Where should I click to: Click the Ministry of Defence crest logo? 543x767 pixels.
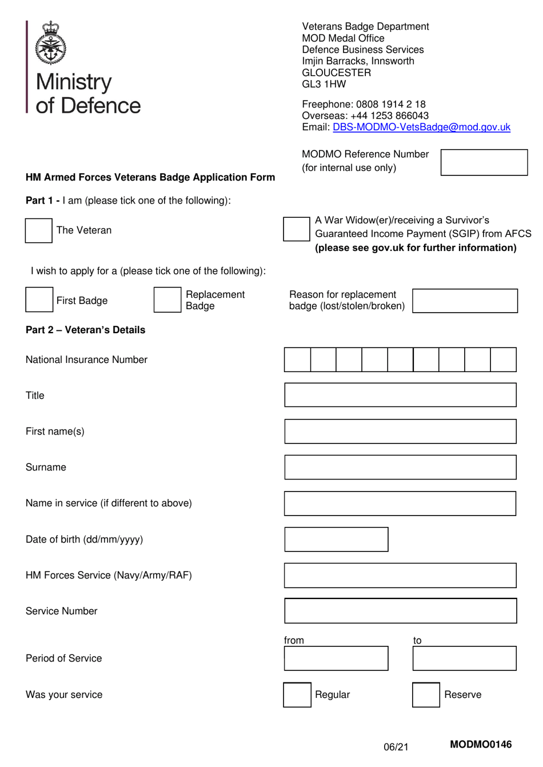point(51,43)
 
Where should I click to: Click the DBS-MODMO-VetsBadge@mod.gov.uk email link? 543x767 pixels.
point(421,127)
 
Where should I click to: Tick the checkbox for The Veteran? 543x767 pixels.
point(39,231)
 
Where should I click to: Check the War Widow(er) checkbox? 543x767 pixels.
point(296,229)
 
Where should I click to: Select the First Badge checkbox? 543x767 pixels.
point(39,300)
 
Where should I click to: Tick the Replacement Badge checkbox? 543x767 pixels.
point(167,300)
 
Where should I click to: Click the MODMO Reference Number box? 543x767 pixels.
point(484,163)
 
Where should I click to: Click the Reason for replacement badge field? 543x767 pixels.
point(465,301)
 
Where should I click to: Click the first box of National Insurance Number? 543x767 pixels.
point(297,360)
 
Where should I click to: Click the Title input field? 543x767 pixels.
point(400,396)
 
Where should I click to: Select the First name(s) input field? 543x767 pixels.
point(400,432)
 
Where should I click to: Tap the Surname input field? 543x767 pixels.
point(400,468)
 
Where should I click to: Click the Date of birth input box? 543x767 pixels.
point(336,540)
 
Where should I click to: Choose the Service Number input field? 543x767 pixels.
point(400,611)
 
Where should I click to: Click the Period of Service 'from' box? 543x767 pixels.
point(336,658)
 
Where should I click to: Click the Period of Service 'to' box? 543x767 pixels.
point(464,658)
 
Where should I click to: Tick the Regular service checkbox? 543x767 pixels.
point(297,695)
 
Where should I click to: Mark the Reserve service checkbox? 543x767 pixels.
point(426,695)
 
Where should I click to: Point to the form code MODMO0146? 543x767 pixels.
point(481,744)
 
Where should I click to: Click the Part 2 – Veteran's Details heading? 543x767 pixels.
point(86,330)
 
